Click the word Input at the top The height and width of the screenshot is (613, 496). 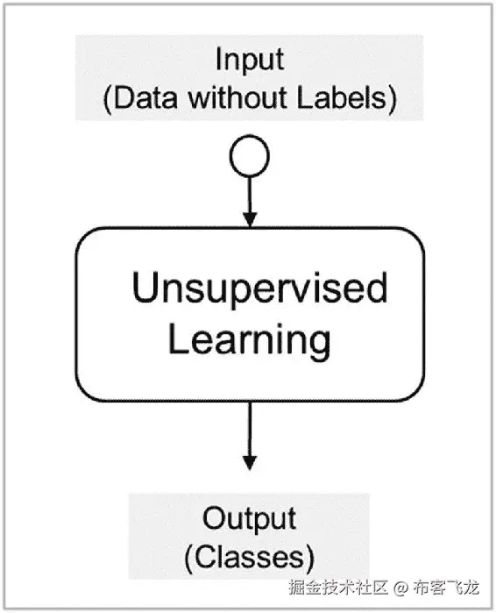click(249, 61)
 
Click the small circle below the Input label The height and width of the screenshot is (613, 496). click(249, 159)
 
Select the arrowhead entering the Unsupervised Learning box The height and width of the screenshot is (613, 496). click(249, 219)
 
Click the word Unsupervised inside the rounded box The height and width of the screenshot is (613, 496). click(259, 288)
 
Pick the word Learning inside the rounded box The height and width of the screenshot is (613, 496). click(249, 339)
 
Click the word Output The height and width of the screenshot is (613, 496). click(249, 518)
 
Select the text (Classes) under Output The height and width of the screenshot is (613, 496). click(249, 555)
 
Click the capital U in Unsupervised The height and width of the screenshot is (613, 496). click(145, 288)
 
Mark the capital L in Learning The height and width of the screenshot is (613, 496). click(176, 339)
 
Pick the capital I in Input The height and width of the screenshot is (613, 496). click(219, 61)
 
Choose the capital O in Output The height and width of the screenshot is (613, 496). click(215, 518)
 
